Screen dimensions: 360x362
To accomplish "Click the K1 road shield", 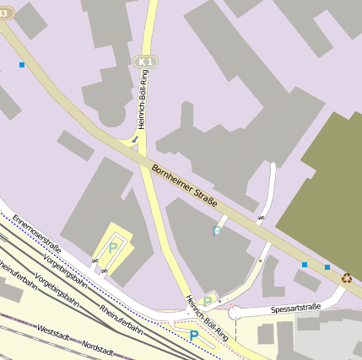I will click(145, 62).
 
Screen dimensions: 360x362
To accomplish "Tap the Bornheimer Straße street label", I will click(185, 186).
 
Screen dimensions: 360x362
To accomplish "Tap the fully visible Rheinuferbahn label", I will click(122, 320).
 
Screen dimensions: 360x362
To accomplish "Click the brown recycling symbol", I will click(347, 277).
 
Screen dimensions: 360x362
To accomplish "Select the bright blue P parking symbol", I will click(194, 336).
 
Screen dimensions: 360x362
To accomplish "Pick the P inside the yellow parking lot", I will click(113, 248).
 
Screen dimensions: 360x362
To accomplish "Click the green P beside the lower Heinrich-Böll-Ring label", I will click(208, 302).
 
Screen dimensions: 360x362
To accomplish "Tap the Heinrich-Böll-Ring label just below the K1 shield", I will click(143, 98).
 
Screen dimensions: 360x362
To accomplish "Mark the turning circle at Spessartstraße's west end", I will click(236, 313).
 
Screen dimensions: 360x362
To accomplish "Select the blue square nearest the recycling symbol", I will click(327, 267).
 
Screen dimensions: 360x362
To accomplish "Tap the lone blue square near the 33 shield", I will click(22, 64).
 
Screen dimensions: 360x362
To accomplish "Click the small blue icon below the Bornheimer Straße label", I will click(217, 230).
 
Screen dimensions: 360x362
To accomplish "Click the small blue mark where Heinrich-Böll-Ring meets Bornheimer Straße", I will click(134, 138).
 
